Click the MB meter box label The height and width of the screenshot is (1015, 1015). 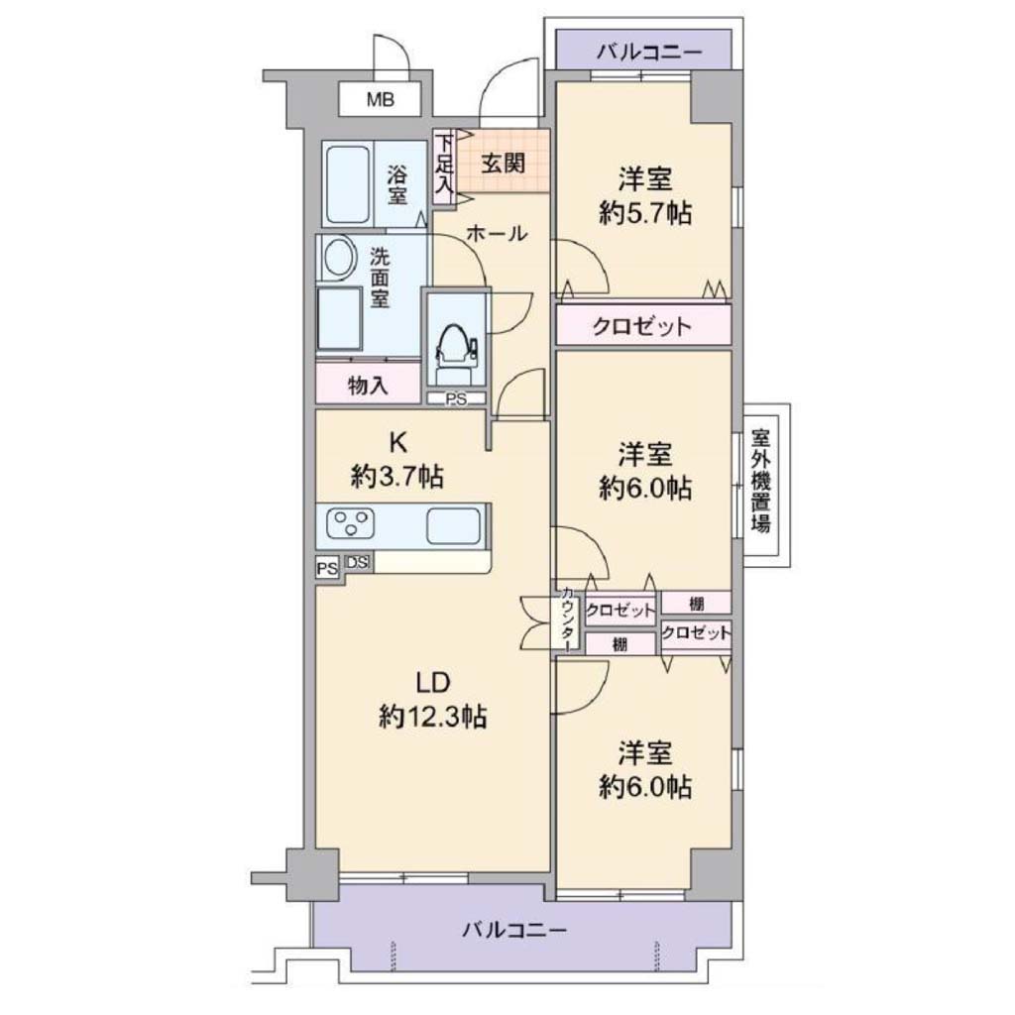coord(380,100)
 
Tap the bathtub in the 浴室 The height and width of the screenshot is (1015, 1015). coord(348,185)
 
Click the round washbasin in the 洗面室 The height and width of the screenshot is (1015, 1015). coord(340,259)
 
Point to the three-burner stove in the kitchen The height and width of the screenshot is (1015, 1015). coord(351,523)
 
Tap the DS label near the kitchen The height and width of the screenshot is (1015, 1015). coord(357,563)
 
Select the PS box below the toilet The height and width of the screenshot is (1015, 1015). coord(456,399)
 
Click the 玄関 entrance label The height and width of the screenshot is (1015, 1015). coord(503,164)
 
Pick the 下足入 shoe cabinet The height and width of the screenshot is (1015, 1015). coord(443,167)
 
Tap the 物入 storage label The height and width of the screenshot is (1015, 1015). coord(368,386)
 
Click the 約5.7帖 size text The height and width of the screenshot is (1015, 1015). coord(644,212)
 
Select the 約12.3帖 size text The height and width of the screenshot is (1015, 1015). coord(432,717)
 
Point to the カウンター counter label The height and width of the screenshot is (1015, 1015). coord(567,620)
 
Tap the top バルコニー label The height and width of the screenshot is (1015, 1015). coord(649,52)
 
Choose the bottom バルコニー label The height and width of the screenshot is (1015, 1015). coord(514,931)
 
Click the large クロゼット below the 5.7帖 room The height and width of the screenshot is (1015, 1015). coord(642,325)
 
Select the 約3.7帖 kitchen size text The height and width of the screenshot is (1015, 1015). coord(396,477)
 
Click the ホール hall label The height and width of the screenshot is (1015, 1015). coord(497,234)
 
